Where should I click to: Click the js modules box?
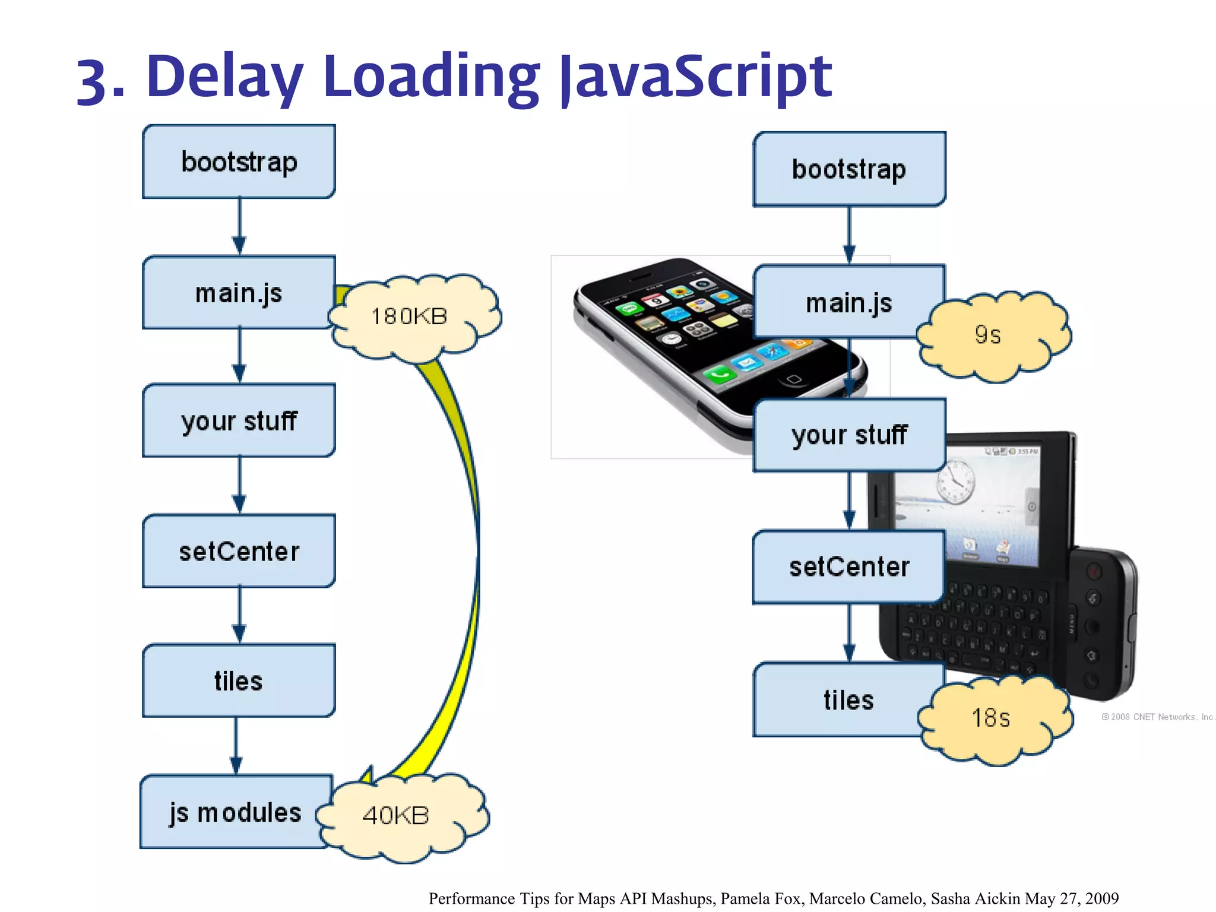tap(235, 812)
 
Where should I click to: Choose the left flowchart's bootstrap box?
tap(239, 161)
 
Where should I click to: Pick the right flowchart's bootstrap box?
tap(849, 169)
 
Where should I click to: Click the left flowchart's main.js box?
tap(239, 293)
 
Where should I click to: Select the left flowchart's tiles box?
tap(239, 680)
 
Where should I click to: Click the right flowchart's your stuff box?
tap(849, 435)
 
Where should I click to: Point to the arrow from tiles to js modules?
tap(236, 745)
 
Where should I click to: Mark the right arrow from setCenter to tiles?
tap(849, 633)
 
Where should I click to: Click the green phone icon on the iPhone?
tap(720, 374)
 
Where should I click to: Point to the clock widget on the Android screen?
tap(955, 481)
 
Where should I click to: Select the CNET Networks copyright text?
tap(1158, 717)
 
